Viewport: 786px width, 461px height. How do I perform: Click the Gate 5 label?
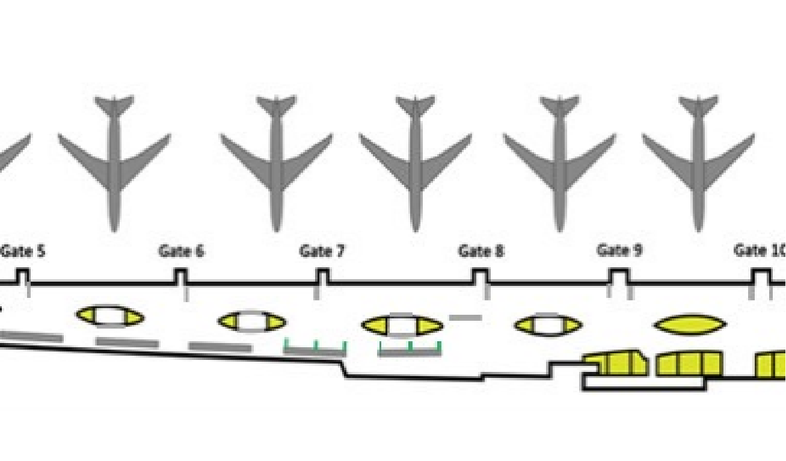pyautogui.click(x=23, y=251)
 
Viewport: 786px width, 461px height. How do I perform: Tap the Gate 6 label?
pyautogui.click(x=181, y=251)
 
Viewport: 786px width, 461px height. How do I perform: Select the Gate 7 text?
pyautogui.click(x=322, y=251)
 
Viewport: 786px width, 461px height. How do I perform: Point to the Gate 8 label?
pyautogui.click(x=481, y=251)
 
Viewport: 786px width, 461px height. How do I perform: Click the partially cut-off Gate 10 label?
pyautogui.click(x=760, y=250)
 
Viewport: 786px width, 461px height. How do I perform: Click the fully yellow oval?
pyautogui.click(x=690, y=325)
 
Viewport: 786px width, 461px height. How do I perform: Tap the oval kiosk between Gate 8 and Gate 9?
pyautogui.click(x=548, y=326)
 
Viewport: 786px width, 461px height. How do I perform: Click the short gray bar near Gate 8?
pyautogui.click(x=465, y=317)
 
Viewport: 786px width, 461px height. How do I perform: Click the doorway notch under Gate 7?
pyautogui.click(x=322, y=276)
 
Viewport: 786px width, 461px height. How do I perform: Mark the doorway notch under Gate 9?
pyautogui.click(x=619, y=276)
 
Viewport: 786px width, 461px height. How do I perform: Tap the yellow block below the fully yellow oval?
pyautogui.click(x=689, y=364)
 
